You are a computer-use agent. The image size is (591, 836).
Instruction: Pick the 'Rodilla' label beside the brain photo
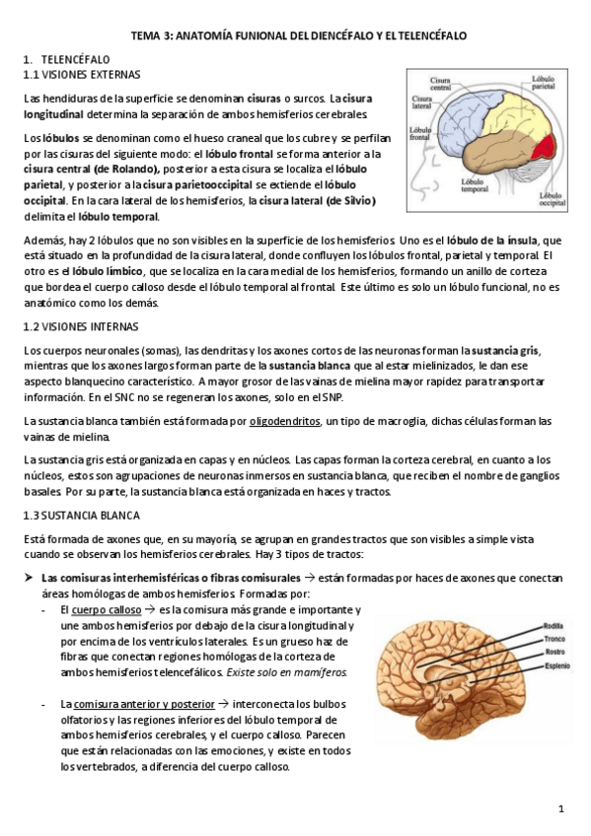pyautogui.click(x=554, y=624)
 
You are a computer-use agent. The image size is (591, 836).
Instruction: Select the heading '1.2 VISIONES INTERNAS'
pyautogui.click(x=81, y=326)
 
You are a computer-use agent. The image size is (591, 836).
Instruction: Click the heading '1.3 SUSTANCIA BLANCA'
pyautogui.click(x=81, y=515)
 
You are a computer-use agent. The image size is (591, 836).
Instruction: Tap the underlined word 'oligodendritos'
pyautogui.click(x=284, y=421)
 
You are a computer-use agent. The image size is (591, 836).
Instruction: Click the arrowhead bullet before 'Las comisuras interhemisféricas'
pyautogui.click(x=29, y=577)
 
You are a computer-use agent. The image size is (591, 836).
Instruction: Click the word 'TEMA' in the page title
pyautogui.click(x=146, y=35)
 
